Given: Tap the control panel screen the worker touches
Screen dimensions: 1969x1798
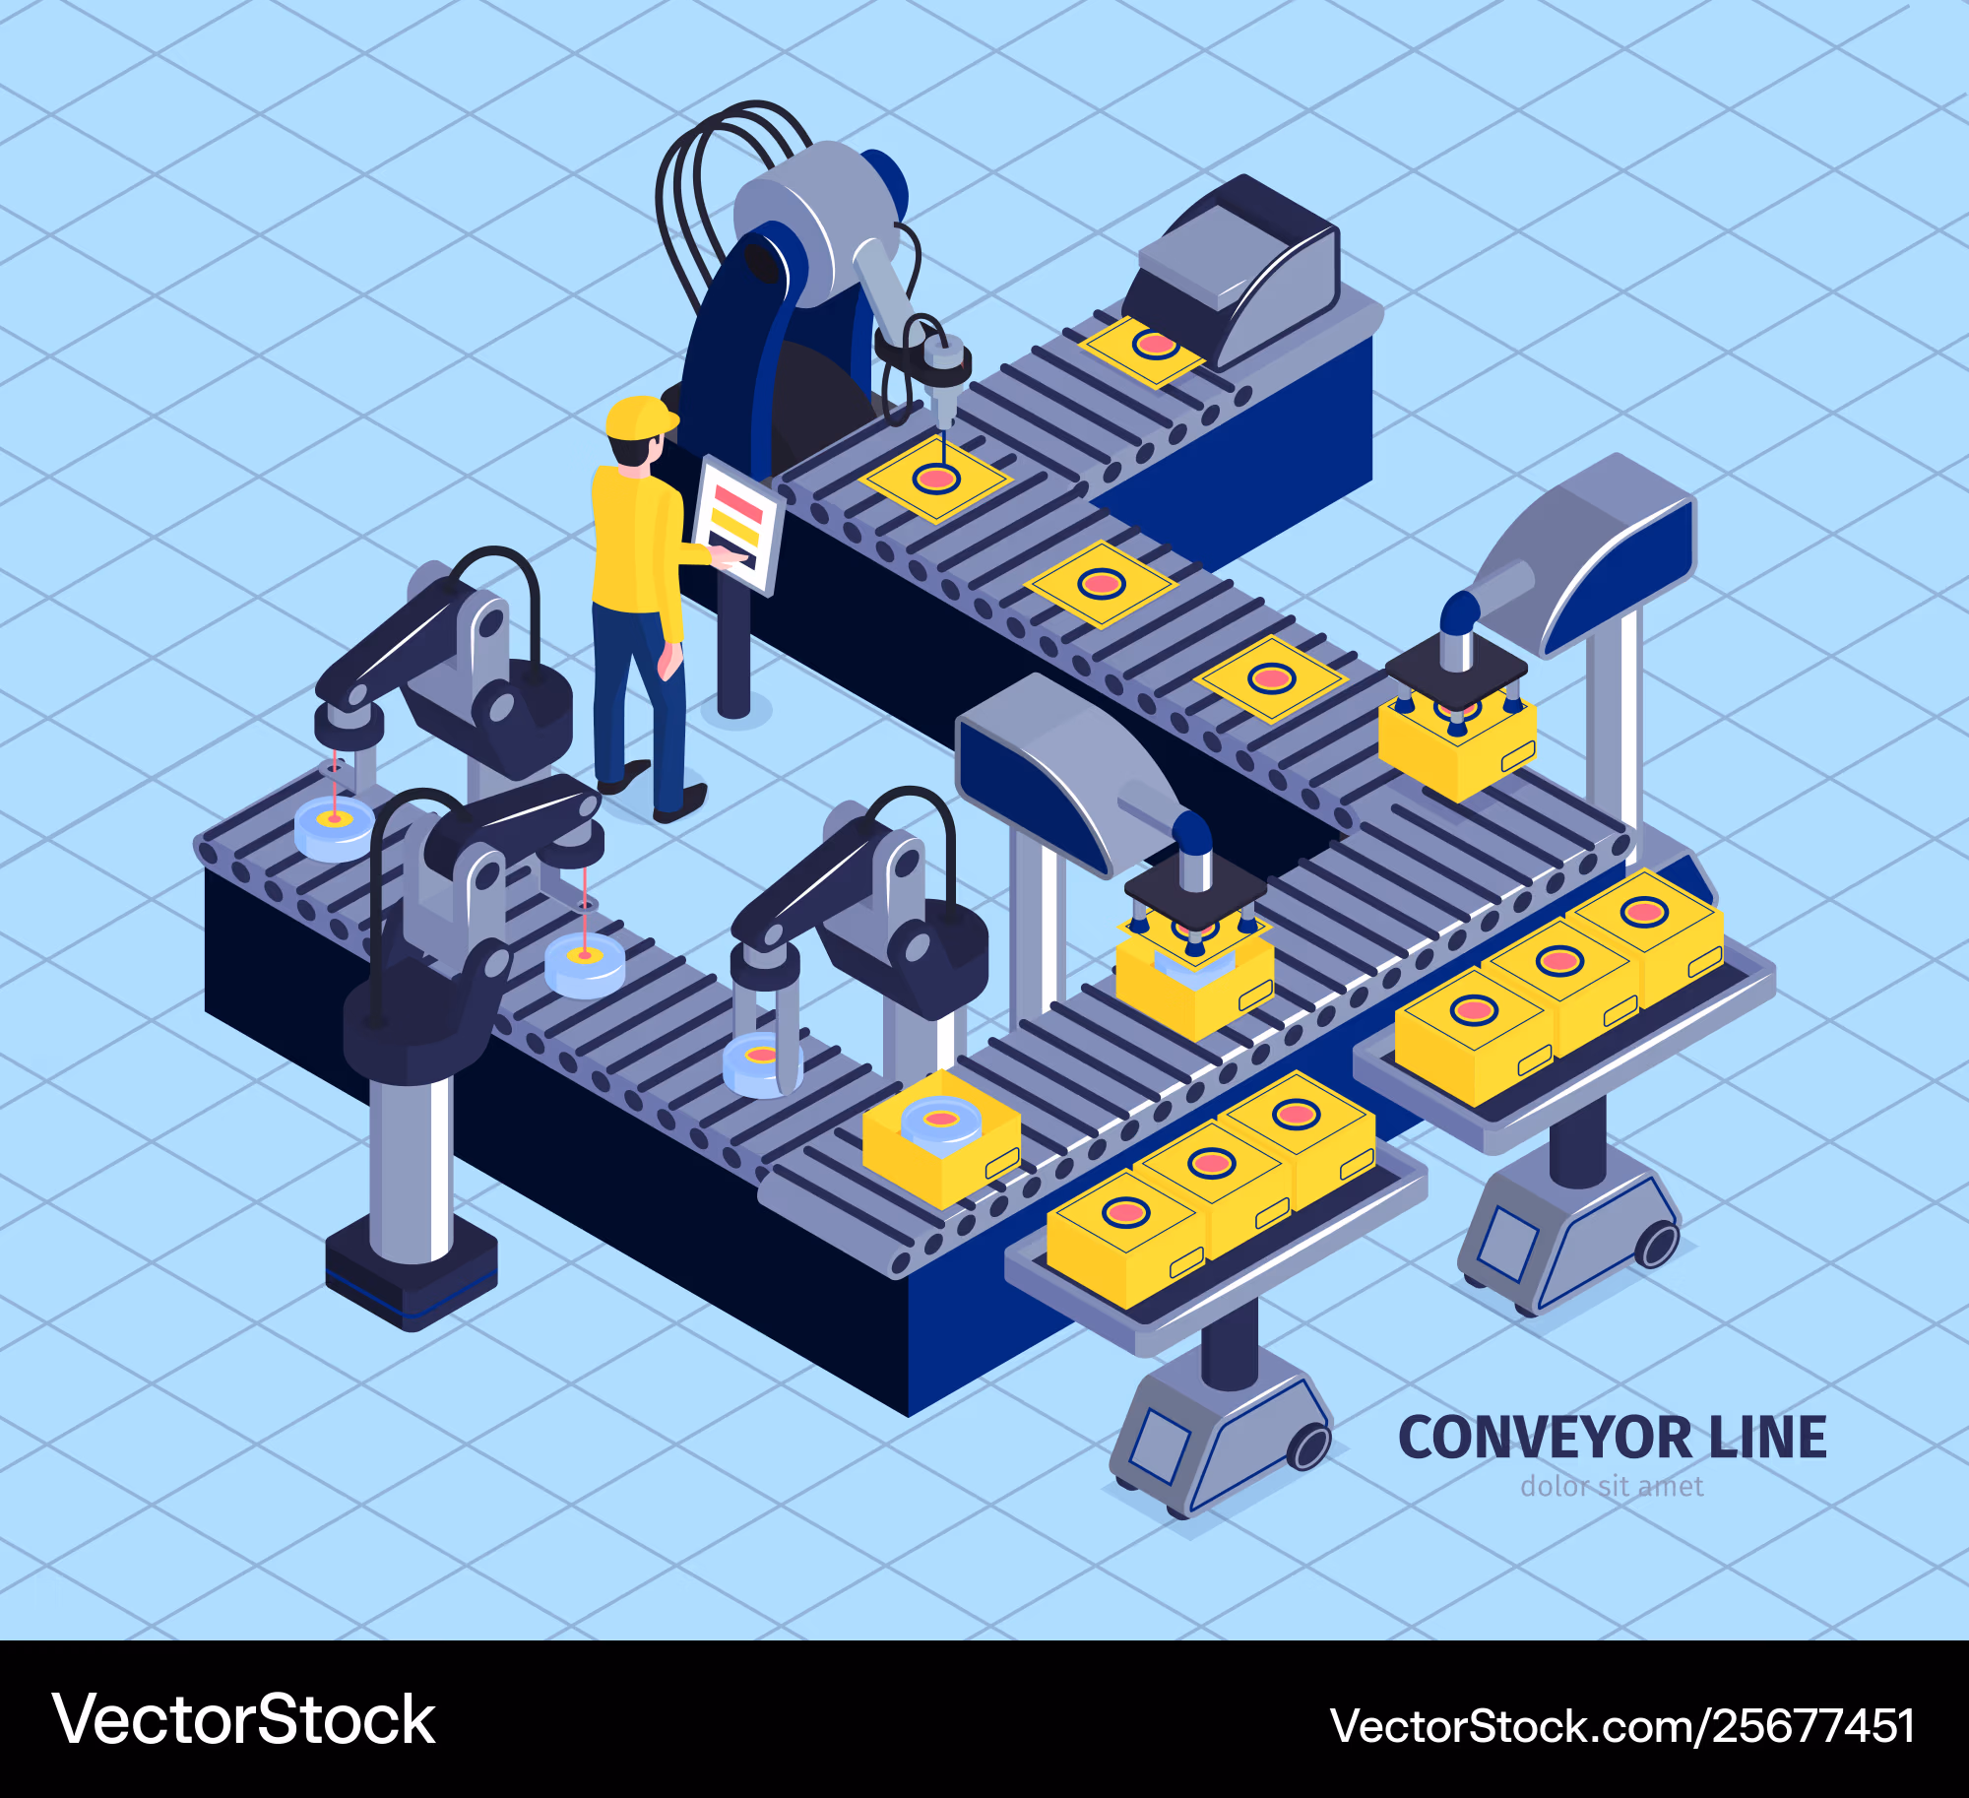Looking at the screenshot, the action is (x=738, y=524).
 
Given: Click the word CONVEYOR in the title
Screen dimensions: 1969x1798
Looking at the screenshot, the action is (x=1544, y=1438).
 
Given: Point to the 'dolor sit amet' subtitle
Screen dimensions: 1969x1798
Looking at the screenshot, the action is (x=1612, y=1486).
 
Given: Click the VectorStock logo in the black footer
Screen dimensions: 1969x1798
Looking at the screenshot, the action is (x=243, y=1719).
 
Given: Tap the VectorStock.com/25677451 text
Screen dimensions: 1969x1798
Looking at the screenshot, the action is (x=1622, y=1726).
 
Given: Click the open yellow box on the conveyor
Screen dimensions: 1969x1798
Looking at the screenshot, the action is (x=941, y=1138).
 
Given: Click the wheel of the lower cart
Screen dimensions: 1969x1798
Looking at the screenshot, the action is (x=1308, y=1446).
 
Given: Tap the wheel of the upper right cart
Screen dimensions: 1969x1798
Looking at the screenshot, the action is (x=1657, y=1245).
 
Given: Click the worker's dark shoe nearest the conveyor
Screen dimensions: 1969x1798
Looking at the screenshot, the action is (x=679, y=803).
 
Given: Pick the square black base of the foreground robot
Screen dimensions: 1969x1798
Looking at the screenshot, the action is (x=412, y=1272).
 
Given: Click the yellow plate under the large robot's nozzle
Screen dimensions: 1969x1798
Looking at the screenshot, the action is (x=935, y=480).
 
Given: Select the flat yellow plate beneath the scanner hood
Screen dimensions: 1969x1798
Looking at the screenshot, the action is (x=1143, y=351).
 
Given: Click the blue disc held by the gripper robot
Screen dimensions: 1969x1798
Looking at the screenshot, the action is (x=762, y=1065).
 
